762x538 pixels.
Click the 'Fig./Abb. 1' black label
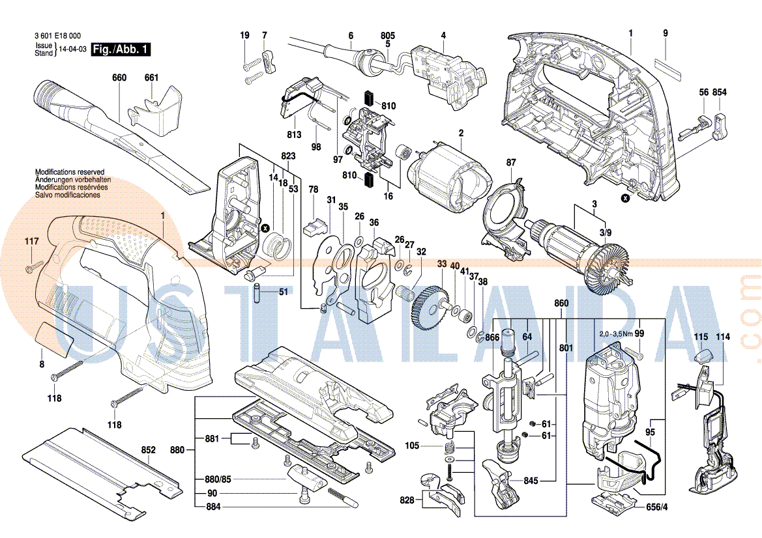[x=121, y=49]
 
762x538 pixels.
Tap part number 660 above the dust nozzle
[x=119, y=78]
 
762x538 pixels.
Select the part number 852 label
[x=149, y=449]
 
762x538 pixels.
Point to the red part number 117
[x=32, y=242]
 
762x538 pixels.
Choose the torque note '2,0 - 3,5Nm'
[x=615, y=333]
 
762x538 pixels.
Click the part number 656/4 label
[x=656, y=507]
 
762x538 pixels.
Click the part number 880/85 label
[x=218, y=479]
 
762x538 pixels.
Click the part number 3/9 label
[x=606, y=233]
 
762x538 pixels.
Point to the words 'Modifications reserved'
[x=69, y=172]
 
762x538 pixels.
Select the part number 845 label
[x=531, y=481]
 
